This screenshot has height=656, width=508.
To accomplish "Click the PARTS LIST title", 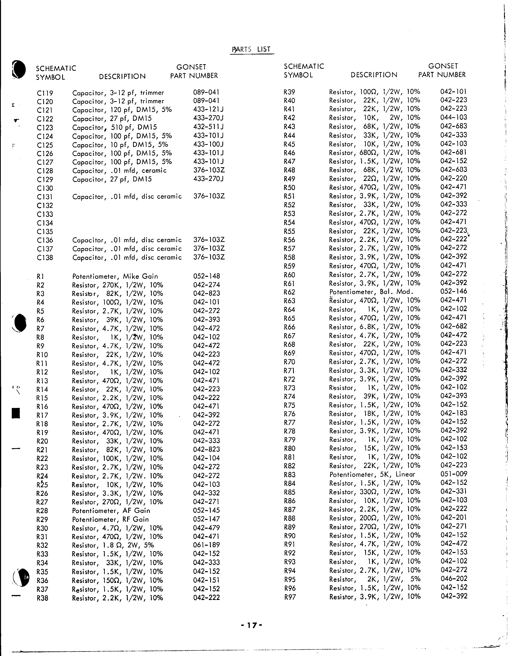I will [x=252, y=49].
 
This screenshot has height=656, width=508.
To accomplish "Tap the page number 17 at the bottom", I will [x=252, y=625].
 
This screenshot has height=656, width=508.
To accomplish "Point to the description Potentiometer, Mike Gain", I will [x=115, y=276].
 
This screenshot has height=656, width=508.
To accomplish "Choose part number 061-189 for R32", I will [x=207, y=545].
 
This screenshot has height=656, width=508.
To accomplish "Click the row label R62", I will [x=289, y=292].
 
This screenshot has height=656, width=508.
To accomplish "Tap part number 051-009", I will [x=454, y=474].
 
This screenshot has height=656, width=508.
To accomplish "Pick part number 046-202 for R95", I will [x=454, y=578].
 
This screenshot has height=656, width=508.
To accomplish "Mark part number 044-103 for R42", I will [x=454, y=117].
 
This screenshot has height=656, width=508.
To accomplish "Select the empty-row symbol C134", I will [x=45, y=223].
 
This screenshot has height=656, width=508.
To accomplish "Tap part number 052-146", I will [x=454, y=291].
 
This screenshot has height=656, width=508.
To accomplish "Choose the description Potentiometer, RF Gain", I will [x=111, y=519].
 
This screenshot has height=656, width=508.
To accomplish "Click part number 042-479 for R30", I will [x=207, y=528].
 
